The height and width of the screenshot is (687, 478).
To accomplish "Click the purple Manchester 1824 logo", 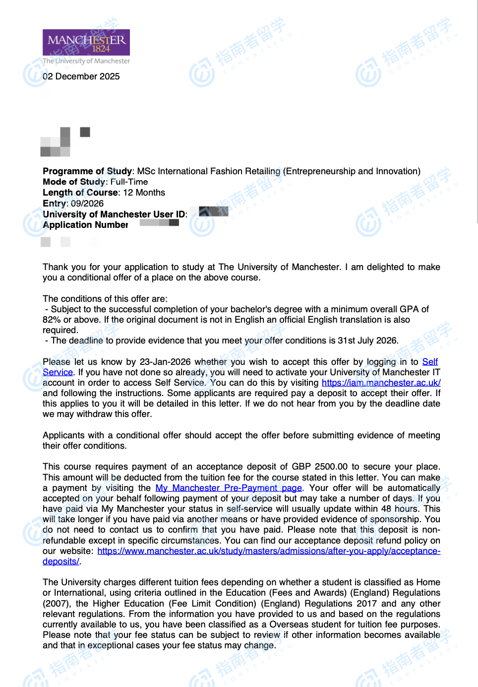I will (86, 42).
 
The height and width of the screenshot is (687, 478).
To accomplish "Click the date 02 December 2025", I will (81, 76).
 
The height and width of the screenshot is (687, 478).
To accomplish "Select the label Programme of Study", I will (87, 171).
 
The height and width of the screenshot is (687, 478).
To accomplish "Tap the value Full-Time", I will (129, 182).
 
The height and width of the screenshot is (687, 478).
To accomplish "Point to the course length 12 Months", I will (144, 193).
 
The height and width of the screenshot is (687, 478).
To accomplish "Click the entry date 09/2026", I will (87, 204).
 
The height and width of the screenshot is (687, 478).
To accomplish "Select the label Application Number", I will (85, 225).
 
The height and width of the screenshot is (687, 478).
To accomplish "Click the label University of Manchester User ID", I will (114, 214).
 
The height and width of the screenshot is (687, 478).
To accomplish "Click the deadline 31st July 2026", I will (367, 341).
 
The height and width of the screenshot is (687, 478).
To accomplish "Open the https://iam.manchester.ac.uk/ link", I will (381, 383).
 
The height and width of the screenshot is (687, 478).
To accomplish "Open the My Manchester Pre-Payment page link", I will (229, 488).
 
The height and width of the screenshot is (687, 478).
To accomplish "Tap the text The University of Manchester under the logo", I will (86, 61).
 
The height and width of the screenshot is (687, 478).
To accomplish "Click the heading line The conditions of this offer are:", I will (105, 299).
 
